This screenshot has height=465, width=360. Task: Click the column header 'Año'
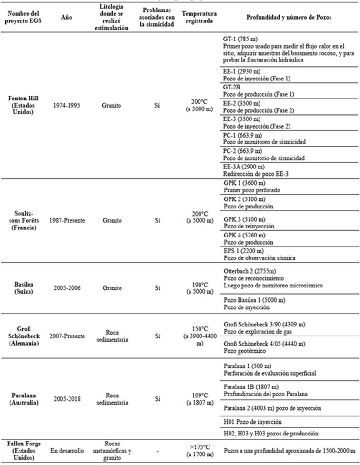pos(67,18)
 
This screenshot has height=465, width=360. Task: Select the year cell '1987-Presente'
pos(67,220)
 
